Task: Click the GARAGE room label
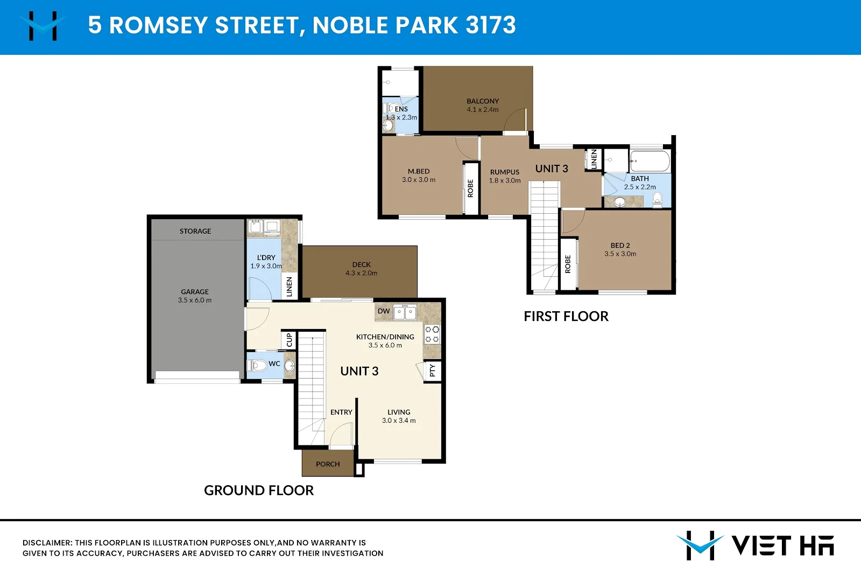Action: (195, 292)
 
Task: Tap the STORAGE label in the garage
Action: (195, 231)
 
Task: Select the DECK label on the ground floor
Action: (362, 264)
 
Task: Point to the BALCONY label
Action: (483, 101)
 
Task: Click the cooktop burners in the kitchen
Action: (432, 334)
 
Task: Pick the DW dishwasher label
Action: (384, 311)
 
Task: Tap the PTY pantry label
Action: (432, 370)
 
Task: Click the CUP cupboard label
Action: (289, 340)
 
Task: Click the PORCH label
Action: (328, 464)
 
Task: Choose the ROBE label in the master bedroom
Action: (470, 188)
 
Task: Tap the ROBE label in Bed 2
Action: (568, 264)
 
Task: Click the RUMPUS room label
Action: (505, 172)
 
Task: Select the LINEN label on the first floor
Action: (594, 159)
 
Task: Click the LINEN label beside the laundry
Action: (290, 286)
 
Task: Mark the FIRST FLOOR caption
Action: (566, 317)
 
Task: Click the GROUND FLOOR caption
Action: (259, 491)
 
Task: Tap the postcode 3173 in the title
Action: (491, 25)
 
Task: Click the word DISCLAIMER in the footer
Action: (47, 543)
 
